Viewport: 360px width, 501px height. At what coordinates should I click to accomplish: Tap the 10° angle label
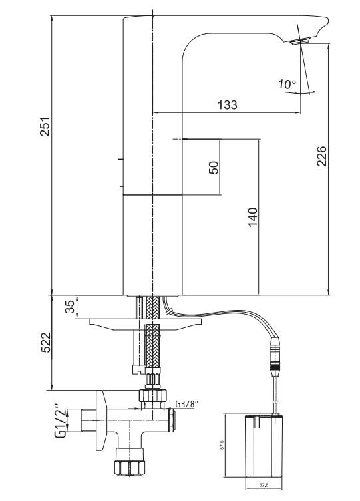[287, 84]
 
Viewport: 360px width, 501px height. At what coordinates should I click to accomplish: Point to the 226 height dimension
[321, 158]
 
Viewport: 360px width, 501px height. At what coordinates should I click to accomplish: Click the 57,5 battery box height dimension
[230, 444]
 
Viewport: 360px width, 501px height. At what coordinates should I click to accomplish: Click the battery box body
[265, 446]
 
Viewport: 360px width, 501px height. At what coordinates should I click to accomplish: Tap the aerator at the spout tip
[301, 41]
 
